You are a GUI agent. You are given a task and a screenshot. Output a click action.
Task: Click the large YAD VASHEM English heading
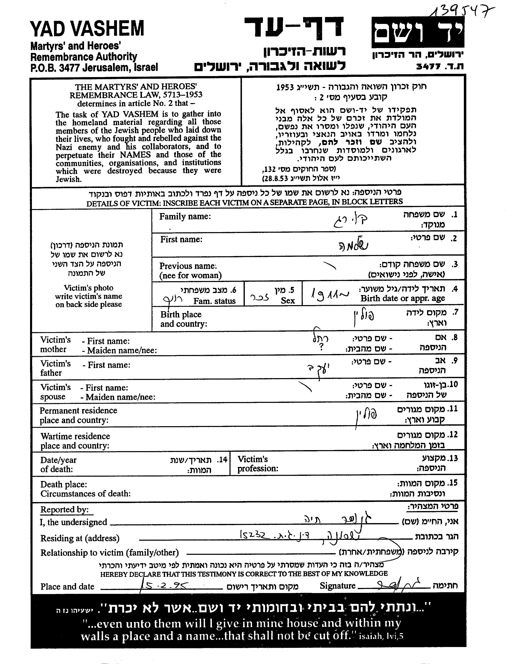pyautogui.click(x=87, y=29)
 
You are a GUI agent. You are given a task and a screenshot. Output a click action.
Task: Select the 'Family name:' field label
pyautogui.click(x=185, y=217)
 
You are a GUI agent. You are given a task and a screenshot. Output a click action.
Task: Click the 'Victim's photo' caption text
pyautogui.click(x=89, y=288)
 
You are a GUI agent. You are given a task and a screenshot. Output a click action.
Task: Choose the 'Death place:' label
pyautogui.click(x=64, y=484)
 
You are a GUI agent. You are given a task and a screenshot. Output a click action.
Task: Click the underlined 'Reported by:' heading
pyautogui.click(x=64, y=510)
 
